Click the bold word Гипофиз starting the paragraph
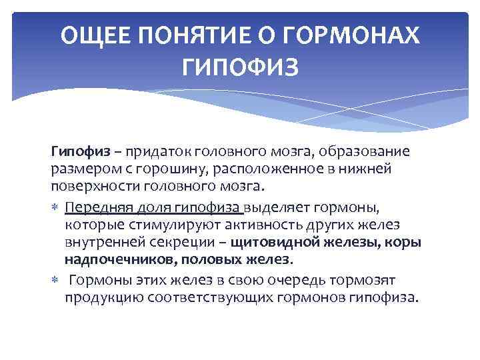pyautogui.click(x=75, y=151)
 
